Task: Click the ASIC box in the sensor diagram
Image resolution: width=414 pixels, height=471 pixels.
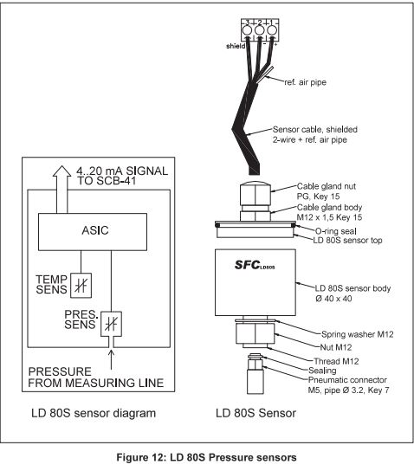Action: [x=93, y=231]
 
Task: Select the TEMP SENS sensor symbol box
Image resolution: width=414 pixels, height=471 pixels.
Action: [x=81, y=286]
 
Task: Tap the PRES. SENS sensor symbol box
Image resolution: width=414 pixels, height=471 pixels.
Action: [x=111, y=324]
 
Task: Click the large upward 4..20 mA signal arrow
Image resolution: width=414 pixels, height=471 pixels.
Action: [x=61, y=190]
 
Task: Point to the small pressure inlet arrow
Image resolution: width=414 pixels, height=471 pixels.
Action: [x=111, y=359]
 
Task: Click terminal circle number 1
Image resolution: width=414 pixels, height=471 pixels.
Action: [x=271, y=30]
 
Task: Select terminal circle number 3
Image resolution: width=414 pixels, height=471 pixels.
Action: [x=247, y=30]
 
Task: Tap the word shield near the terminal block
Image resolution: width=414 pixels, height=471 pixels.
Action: [x=236, y=46]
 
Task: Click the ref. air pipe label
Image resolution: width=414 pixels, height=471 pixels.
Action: [x=305, y=82]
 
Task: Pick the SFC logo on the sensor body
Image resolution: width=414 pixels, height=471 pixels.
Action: [x=254, y=265]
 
